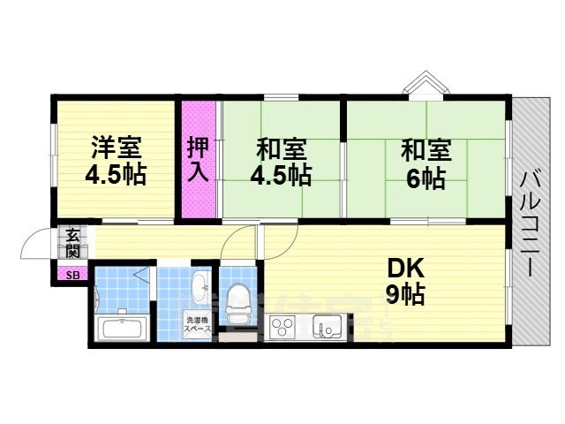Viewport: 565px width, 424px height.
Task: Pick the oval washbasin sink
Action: tap(199, 285)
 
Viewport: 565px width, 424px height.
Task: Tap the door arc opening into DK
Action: tap(239, 240)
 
